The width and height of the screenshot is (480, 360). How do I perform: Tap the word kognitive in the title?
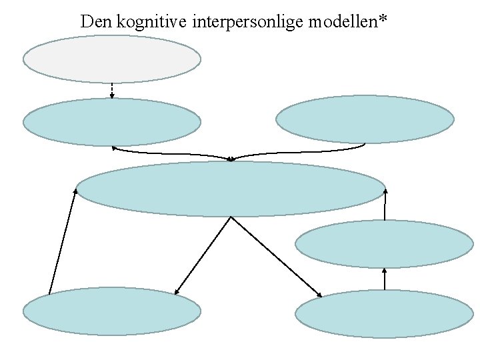[151, 21]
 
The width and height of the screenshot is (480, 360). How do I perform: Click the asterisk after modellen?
[383, 19]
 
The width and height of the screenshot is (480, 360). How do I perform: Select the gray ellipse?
[112, 59]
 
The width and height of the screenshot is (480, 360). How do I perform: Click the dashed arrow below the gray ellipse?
[112, 90]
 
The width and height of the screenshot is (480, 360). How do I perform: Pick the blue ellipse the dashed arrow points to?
[112, 122]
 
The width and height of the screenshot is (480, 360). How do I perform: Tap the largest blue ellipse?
[231, 189]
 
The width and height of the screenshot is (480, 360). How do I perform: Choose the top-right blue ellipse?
[365, 119]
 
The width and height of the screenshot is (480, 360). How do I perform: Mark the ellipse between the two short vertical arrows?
[385, 243]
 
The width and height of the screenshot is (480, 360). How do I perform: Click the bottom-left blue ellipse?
[112, 311]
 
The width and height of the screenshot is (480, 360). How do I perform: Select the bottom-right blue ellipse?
[385, 313]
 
